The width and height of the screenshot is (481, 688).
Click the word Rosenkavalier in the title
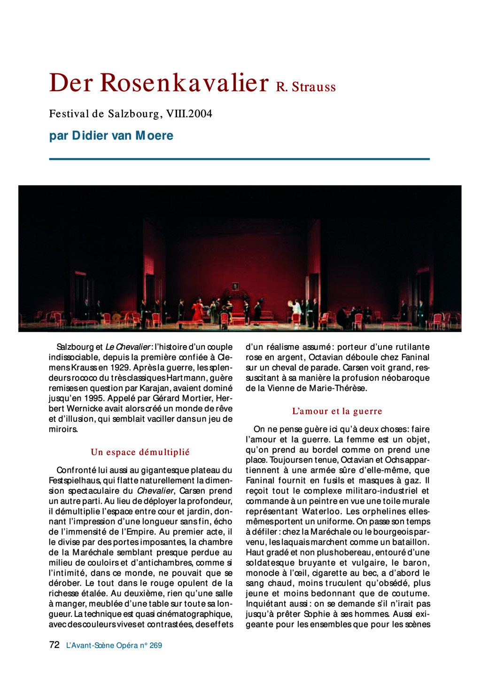[184, 83]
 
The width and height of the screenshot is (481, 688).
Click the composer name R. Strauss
[306, 87]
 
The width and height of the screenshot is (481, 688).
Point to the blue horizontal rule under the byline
[239, 159]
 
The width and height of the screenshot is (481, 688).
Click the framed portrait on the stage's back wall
[235, 286]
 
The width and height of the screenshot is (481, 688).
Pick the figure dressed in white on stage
[297, 309]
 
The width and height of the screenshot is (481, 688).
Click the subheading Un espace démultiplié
[140, 452]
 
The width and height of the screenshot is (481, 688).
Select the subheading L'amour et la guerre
[337, 411]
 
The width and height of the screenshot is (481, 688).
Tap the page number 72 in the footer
[54, 645]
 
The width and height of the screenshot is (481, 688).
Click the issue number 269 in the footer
[155, 646]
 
